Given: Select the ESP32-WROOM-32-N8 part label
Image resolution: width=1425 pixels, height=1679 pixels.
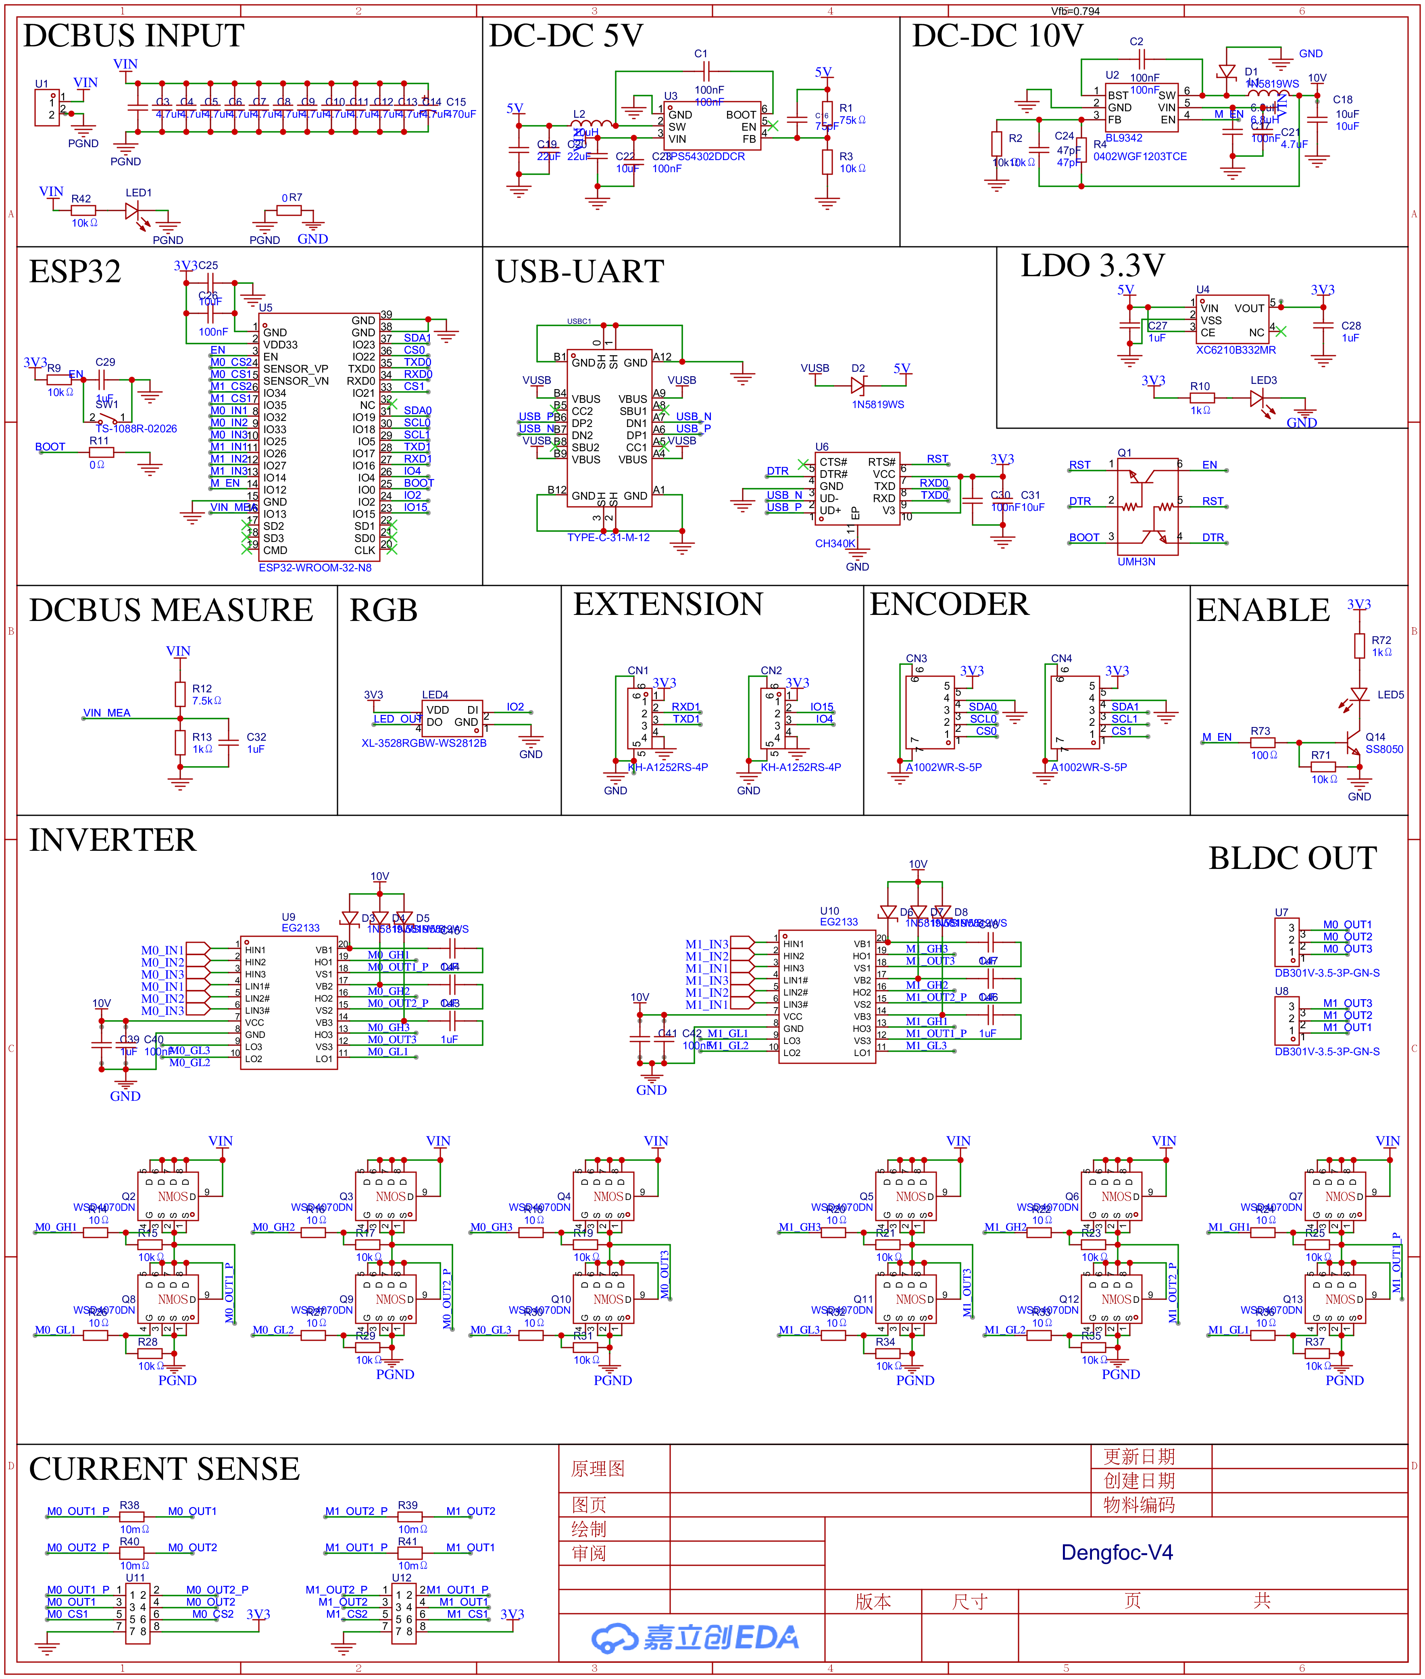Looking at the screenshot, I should tap(315, 568).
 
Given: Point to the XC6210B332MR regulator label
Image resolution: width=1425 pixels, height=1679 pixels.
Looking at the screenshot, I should tap(1236, 350).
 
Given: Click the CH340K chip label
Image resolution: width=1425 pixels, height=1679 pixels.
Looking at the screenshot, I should tap(835, 544).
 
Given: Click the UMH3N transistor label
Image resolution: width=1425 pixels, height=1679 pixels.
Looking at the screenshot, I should tap(1136, 561).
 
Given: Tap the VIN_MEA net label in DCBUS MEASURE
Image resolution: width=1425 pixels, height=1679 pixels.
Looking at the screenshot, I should tap(106, 713).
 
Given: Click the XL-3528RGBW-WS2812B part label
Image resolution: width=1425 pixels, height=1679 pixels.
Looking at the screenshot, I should tap(424, 743).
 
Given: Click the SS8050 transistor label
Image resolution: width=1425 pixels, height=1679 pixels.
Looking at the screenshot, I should tap(1384, 750).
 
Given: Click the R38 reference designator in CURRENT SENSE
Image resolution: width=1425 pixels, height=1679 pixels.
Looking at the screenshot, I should tap(129, 1505).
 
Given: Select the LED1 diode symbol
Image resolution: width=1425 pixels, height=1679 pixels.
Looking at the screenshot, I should tap(133, 211).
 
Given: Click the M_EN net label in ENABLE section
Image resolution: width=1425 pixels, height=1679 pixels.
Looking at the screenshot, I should tap(1217, 737).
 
